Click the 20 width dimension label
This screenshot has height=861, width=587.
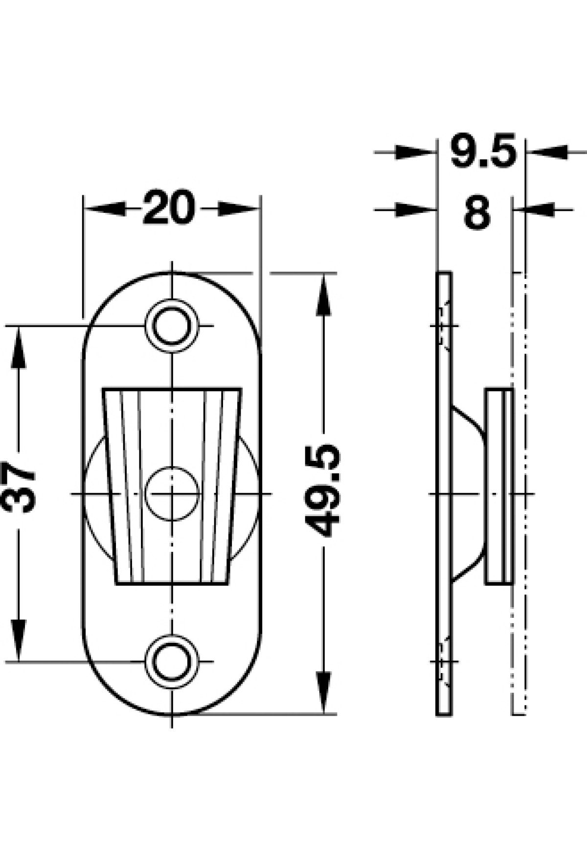(169, 208)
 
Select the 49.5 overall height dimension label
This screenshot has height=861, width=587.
(322, 491)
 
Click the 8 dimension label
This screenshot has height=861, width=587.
(477, 211)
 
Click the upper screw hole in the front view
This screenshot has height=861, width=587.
(172, 325)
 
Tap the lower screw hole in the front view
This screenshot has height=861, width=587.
(172, 661)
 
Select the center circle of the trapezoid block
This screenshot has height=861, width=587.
(173, 493)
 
